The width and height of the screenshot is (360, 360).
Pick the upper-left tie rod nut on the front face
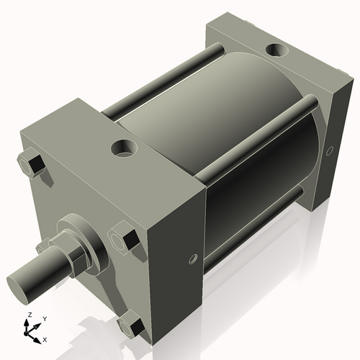tap(32, 166)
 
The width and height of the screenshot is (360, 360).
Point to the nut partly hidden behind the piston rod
tap(45, 246)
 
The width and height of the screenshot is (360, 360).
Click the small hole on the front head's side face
tap(192, 258)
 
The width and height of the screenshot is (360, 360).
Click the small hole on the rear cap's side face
tap(330, 151)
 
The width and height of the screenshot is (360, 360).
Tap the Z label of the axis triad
tap(28, 315)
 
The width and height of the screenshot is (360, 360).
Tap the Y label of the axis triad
tap(44, 319)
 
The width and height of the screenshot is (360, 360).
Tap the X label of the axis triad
tap(45, 338)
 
